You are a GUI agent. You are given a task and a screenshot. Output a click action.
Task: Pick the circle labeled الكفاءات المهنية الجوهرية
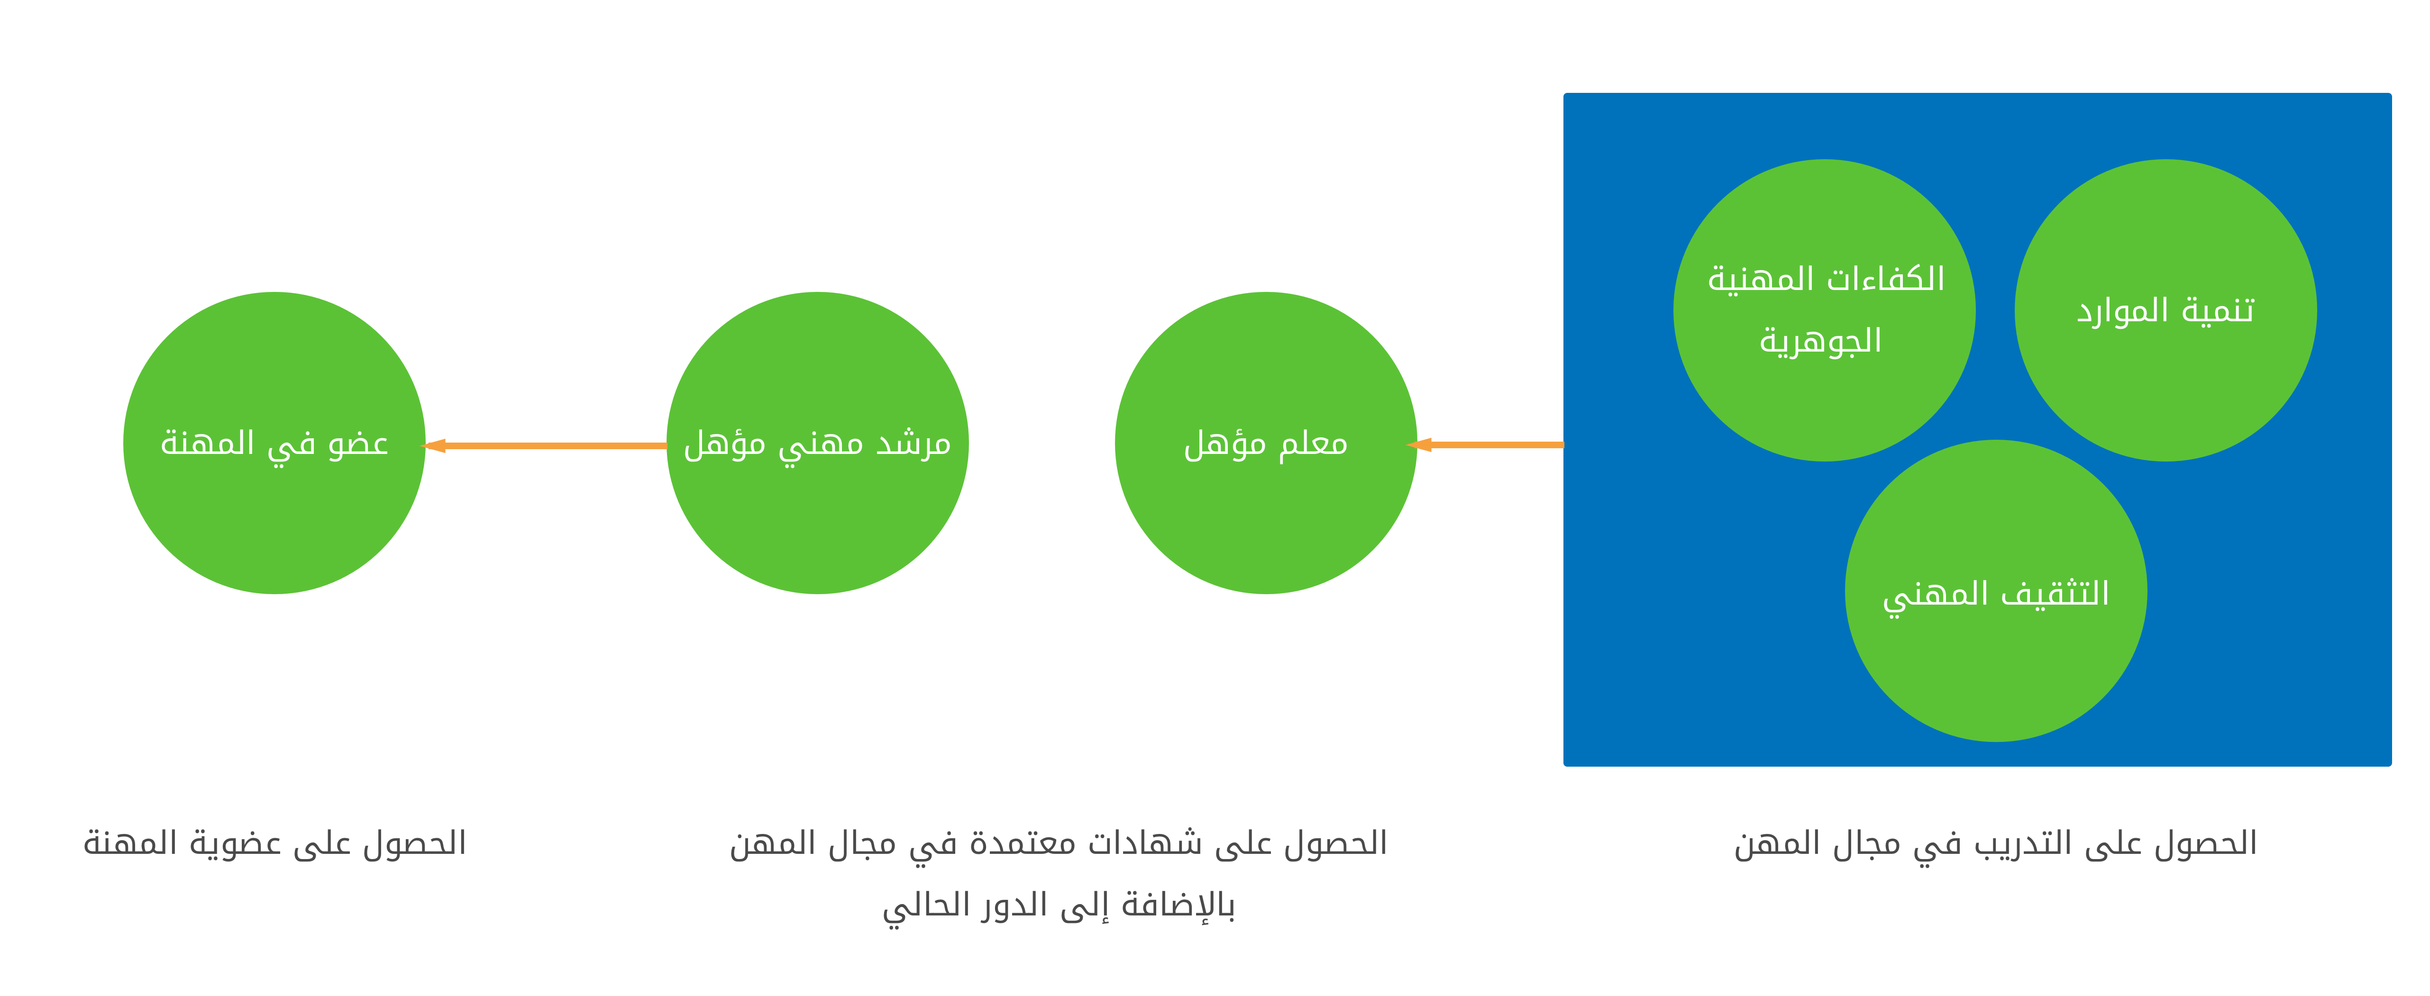(1824, 310)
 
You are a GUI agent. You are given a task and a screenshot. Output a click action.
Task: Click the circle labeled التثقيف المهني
(1996, 590)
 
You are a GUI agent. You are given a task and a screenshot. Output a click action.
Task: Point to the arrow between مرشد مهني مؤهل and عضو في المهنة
(545, 445)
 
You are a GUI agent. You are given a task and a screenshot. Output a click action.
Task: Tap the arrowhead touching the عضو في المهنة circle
(434, 445)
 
